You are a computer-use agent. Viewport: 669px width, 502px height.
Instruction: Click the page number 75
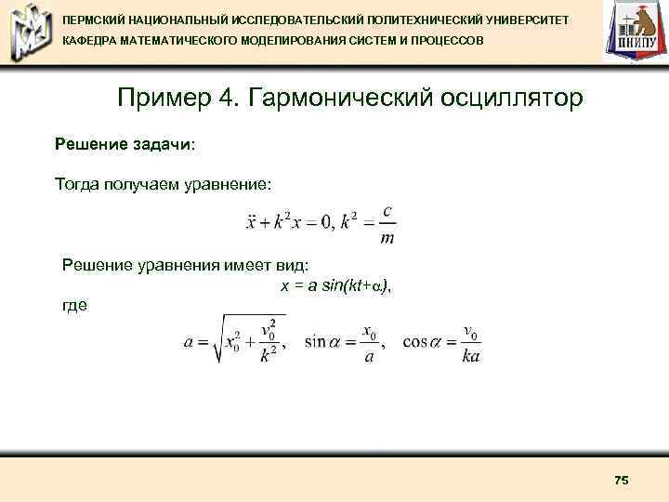tap(622, 480)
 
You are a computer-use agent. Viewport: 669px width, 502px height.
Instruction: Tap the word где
tap(74, 304)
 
